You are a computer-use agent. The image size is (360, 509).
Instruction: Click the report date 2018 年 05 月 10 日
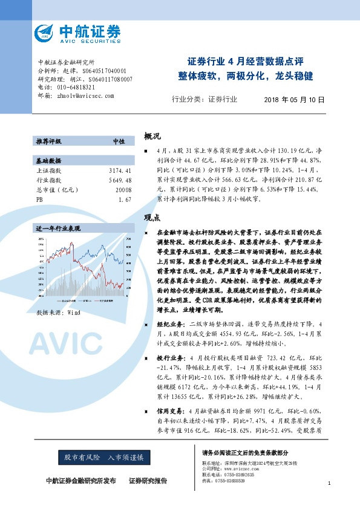point(295,100)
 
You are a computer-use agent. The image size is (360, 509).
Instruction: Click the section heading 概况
point(152,136)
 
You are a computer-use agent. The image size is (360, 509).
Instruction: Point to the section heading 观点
point(152,218)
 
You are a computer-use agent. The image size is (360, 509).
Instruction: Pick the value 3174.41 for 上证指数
point(121,171)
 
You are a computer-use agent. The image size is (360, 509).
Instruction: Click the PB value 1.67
point(125,198)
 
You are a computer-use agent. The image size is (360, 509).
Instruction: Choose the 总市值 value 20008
point(123,189)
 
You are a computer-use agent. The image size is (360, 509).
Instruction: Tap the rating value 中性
point(119,141)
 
